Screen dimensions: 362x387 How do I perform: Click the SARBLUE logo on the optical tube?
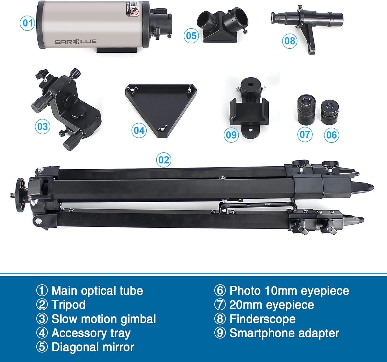coord(75,42)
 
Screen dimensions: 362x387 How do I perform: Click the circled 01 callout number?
coord(27,23)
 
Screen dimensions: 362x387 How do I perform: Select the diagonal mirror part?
coord(222,25)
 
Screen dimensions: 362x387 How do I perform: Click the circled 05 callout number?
coord(191,36)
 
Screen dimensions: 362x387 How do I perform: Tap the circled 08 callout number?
coord(289,41)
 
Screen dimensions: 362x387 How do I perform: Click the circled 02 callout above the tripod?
coord(164,160)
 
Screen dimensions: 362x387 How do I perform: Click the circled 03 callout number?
coord(43,126)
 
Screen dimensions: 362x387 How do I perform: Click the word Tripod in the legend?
coord(68,305)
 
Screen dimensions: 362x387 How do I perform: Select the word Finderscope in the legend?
coord(262,319)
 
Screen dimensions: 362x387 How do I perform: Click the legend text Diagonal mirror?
coord(93,347)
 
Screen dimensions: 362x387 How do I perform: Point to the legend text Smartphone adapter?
coord(284,333)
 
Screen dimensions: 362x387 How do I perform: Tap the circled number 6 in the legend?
coord(220,291)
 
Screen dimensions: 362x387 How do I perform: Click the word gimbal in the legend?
coord(138,319)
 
